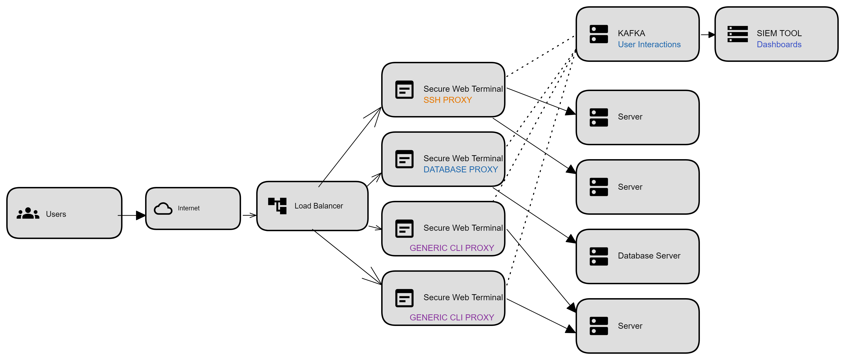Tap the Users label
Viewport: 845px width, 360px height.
(x=56, y=214)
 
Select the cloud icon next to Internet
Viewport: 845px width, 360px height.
(x=163, y=208)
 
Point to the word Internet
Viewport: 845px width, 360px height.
(x=189, y=208)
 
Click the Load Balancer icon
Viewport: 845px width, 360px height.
(x=277, y=206)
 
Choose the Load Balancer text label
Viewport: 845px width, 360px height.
(x=318, y=206)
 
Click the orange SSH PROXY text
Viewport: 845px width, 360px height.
(x=447, y=100)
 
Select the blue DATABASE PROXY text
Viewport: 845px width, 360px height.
(x=461, y=170)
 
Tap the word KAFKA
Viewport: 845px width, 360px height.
(x=631, y=33)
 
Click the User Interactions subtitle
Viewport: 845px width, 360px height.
(x=649, y=44)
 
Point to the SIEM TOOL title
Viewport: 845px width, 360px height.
(x=779, y=33)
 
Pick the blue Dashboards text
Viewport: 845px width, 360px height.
(x=779, y=44)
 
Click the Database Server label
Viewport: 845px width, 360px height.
(x=649, y=256)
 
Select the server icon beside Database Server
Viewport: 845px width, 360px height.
(x=599, y=256)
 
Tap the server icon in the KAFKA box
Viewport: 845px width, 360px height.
(x=599, y=34)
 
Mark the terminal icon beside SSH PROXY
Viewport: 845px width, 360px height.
(x=404, y=90)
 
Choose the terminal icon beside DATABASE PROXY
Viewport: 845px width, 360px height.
(x=404, y=159)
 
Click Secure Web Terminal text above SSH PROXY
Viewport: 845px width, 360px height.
(x=463, y=89)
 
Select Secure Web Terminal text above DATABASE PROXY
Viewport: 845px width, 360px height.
(x=463, y=158)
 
